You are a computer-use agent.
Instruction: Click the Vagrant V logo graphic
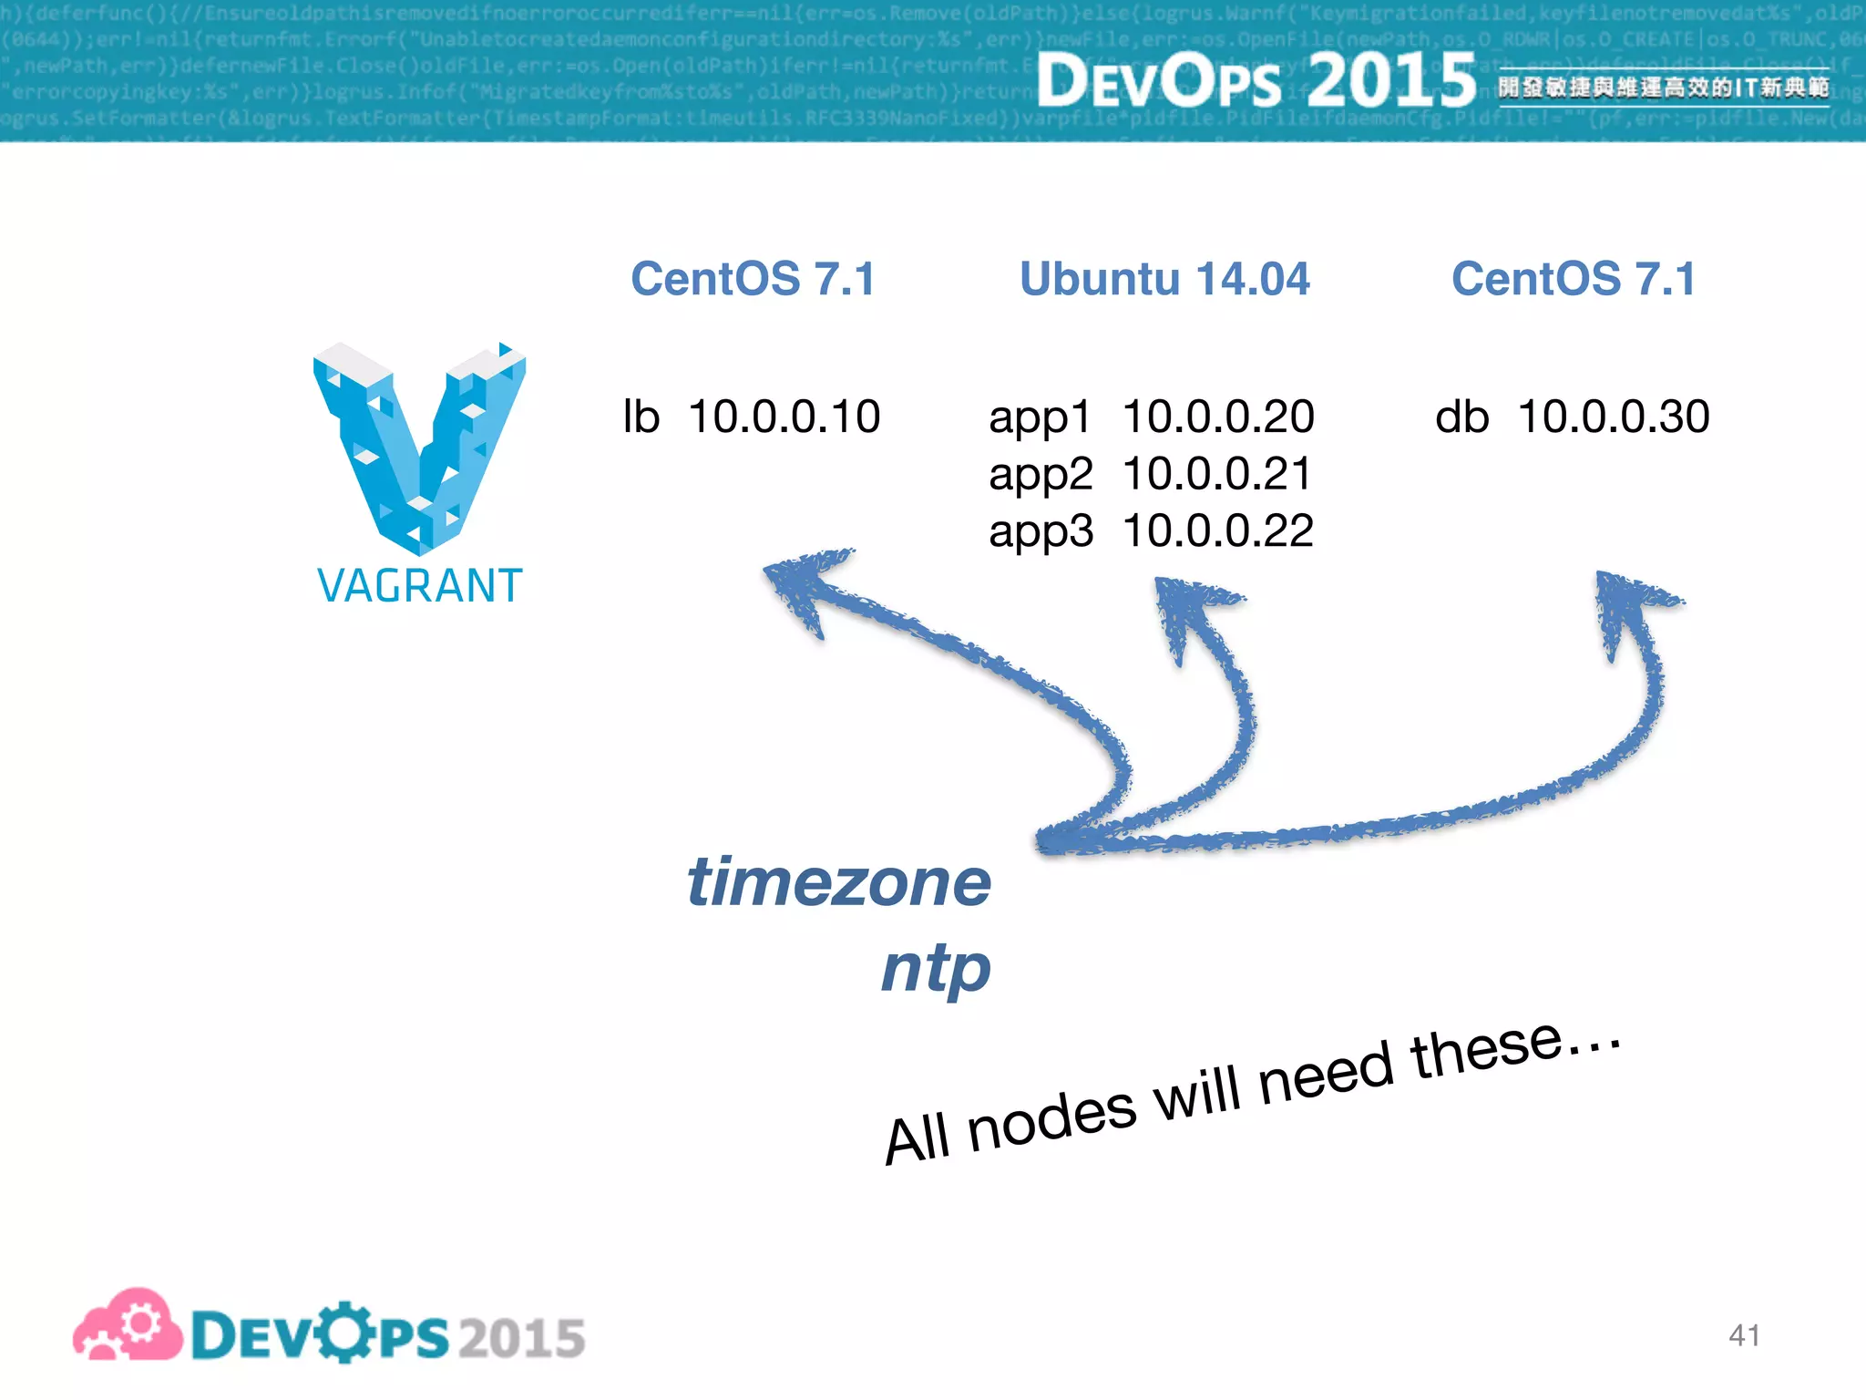(419, 447)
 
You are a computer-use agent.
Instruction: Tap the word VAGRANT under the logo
(419, 586)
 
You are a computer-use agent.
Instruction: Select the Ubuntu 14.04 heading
(1164, 279)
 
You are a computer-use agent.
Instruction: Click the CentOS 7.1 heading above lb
(753, 279)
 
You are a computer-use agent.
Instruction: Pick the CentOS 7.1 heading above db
(1574, 279)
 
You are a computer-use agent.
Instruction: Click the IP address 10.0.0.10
(784, 417)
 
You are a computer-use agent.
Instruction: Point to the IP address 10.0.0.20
(1217, 417)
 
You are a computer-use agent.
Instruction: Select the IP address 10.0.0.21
(1216, 474)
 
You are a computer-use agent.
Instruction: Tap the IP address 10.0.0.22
(1217, 531)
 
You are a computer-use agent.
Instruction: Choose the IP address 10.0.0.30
(1613, 417)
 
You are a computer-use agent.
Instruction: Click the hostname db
(1461, 417)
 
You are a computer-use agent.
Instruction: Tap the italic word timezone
(838, 882)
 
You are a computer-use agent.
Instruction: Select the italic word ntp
(936, 968)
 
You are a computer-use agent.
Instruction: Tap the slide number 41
(1744, 1335)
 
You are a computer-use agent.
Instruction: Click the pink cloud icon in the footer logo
(128, 1326)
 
